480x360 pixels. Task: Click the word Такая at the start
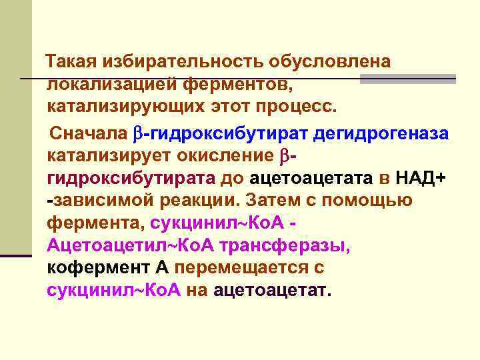click(x=70, y=62)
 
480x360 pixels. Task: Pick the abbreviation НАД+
click(x=422, y=178)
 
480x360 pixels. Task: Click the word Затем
click(x=276, y=201)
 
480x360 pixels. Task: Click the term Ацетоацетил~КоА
click(x=126, y=246)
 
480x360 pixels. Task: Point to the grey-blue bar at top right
click(x=407, y=79)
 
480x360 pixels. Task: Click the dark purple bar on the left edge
click(x=15, y=254)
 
